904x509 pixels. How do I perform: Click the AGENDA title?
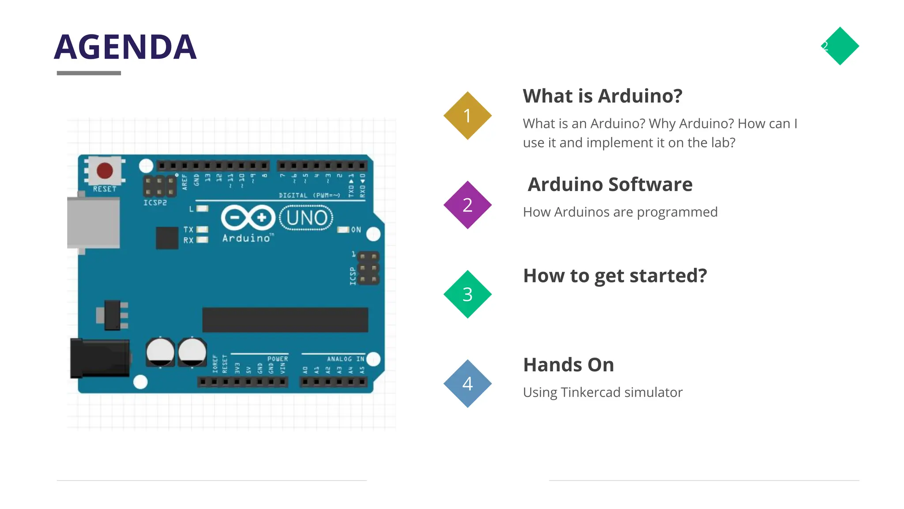point(125,47)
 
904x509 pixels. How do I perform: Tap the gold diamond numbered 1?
point(467,116)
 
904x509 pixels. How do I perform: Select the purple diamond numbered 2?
point(467,205)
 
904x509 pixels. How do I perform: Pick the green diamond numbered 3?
point(467,294)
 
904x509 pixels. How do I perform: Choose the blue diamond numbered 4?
point(467,383)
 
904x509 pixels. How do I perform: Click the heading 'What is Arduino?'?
point(603,96)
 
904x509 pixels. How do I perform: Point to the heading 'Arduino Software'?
point(610,185)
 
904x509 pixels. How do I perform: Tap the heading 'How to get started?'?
point(615,276)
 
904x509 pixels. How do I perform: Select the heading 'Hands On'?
point(569,365)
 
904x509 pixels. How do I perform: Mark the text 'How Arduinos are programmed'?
point(620,212)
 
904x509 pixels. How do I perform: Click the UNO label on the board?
point(306,218)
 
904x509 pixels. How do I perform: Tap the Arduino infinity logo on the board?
point(248,218)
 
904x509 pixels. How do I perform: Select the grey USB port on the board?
point(93,222)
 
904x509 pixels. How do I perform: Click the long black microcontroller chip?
point(285,320)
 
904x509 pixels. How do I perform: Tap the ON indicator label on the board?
point(356,230)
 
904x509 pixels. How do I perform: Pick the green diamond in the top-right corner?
point(840,46)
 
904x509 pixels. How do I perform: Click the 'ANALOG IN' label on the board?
point(345,359)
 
